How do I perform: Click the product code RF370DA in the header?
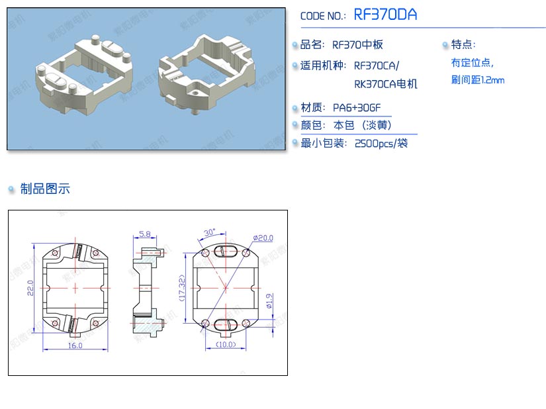pyautogui.click(x=385, y=15)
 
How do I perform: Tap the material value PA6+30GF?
pyautogui.click(x=357, y=108)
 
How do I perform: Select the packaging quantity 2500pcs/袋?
pyautogui.click(x=381, y=144)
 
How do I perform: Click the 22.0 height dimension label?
pyautogui.click(x=30, y=288)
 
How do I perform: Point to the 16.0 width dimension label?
pyautogui.click(x=75, y=345)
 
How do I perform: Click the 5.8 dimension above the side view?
pyautogui.click(x=145, y=234)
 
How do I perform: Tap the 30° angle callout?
pyautogui.click(x=210, y=232)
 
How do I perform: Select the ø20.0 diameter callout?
pyautogui.click(x=263, y=238)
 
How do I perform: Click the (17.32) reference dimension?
pyautogui.click(x=182, y=288)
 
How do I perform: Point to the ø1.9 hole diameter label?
pyautogui.click(x=269, y=301)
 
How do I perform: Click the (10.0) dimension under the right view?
pyautogui.click(x=226, y=344)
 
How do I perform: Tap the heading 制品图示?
pyautogui.click(x=45, y=189)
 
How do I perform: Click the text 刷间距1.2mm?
pyautogui.click(x=478, y=80)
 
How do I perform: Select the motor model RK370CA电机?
pyautogui.click(x=385, y=84)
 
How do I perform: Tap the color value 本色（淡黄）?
pyautogui.click(x=362, y=125)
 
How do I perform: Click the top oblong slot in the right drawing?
pyautogui.click(x=226, y=251)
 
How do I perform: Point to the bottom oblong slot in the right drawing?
pyautogui.click(x=226, y=324)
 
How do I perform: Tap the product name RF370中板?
pyautogui.click(x=357, y=44)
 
